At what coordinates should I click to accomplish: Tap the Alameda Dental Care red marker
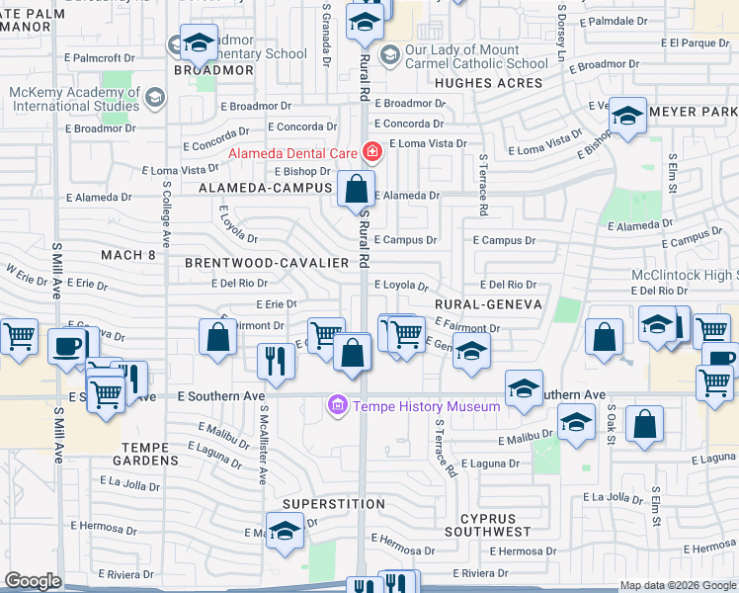372,152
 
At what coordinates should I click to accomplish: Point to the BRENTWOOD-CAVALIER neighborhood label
267,263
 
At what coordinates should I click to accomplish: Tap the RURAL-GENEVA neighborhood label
487,304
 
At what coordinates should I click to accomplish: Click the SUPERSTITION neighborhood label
319,504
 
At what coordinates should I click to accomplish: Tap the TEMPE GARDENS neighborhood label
153,447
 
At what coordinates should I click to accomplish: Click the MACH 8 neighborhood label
128,255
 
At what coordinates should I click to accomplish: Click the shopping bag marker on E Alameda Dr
356,188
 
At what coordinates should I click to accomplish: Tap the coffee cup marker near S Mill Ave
67,347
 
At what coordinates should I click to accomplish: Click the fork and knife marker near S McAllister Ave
276,361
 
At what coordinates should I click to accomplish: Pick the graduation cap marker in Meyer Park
627,117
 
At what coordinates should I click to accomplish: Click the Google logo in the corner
32,581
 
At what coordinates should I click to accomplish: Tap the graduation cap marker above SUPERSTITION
285,531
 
